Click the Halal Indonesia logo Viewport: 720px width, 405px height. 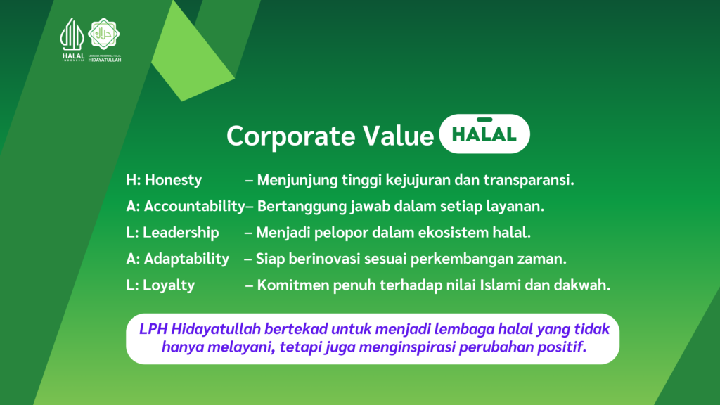pyautogui.click(x=72, y=39)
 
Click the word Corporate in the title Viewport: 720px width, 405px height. pyautogui.click(x=290, y=136)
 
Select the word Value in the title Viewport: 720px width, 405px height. pyautogui.click(x=398, y=136)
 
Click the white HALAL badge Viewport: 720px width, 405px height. pyautogui.click(x=484, y=134)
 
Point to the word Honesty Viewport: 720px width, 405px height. pyautogui.click(x=173, y=180)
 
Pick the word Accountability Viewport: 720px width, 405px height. pyautogui.click(x=195, y=207)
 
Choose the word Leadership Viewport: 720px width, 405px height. pyautogui.click(x=181, y=232)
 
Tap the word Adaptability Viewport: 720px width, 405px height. pyautogui.click(x=186, y=259)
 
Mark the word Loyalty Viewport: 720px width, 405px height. pyautogui.click(x=169, y=285)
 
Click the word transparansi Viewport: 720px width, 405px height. pyautogui.click(x=529, y=180)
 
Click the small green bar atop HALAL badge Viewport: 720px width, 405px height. pyautogui.click(x=484, y=120)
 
